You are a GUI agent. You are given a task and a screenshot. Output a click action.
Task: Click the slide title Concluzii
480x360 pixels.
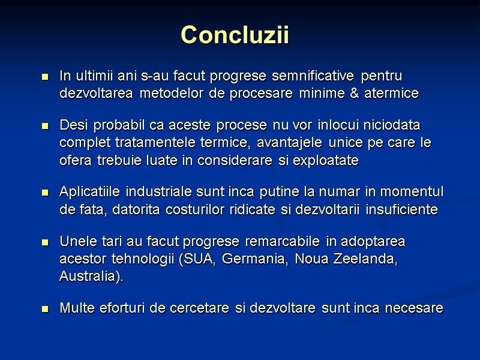235,35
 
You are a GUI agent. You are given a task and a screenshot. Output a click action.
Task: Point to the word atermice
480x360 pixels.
391,94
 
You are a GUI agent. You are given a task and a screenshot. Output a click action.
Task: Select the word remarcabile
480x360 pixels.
286,242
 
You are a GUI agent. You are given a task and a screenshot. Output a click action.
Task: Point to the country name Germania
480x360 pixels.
253,259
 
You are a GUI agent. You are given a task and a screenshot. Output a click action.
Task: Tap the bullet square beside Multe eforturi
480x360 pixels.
44,310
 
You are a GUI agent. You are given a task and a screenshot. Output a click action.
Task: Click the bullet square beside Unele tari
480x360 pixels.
44,242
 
